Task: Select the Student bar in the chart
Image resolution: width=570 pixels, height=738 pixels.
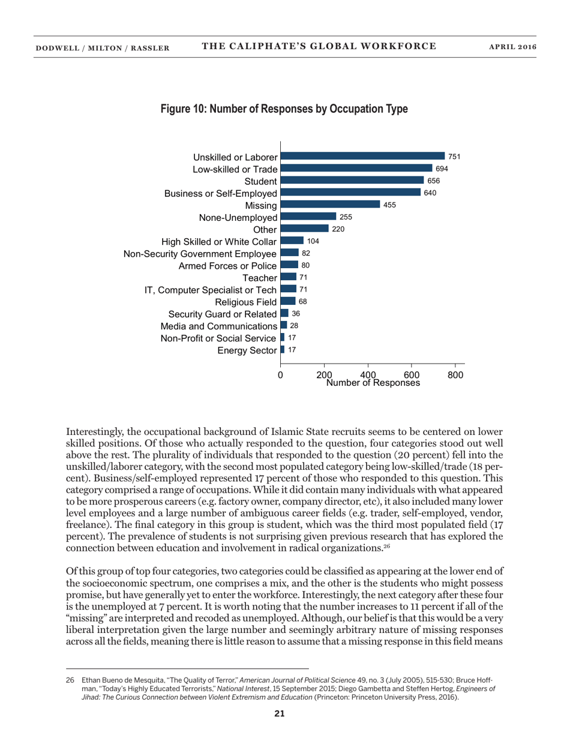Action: click(352, 181)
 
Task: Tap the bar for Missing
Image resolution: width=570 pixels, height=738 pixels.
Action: click(330, 205)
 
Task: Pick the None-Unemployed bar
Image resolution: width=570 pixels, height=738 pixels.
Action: click(308, 217)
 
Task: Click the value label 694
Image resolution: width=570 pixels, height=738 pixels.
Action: click(442, 169)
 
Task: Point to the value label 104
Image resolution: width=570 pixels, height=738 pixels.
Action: click(313, 241)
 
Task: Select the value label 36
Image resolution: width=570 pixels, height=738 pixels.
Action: click(295, 313)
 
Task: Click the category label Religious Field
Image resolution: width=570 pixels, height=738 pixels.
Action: click(249, 302)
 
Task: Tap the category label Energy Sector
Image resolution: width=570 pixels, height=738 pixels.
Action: click(247, 350)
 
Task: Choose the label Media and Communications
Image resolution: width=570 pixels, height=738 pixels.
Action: click(218, 326)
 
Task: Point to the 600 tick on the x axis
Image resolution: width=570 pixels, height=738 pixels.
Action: click(412, 374)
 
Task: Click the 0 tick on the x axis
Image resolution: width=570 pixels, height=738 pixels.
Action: click(280, 374)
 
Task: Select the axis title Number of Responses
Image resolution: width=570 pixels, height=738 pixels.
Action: click(373, 383)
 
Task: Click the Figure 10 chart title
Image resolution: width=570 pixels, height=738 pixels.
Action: click(284, 109)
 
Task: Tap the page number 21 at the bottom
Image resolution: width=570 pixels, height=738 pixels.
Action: click(280, 713)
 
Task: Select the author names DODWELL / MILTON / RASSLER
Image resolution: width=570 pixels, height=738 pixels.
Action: click(101, 47)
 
